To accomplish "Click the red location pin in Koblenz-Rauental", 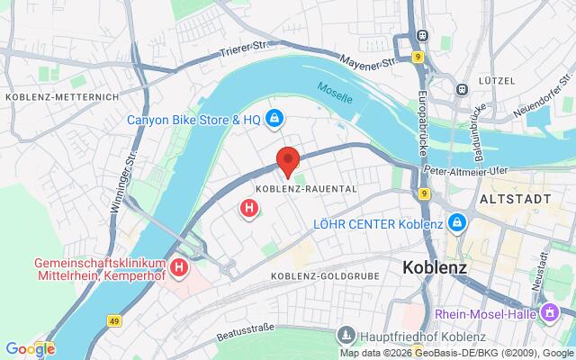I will (x=287, y=159).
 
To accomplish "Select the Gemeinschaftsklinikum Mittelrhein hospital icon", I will (x=179, y=267).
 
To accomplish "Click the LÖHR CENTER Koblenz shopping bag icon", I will (x=456, y=222).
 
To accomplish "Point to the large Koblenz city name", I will (x=436, y=267).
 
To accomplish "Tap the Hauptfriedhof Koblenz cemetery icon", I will (x=346, y=335).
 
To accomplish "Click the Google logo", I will (x=29, y=348).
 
